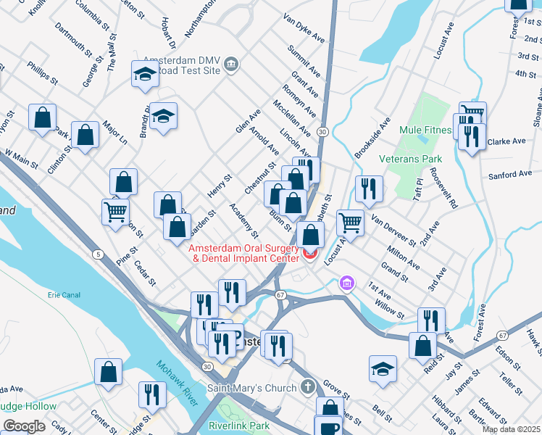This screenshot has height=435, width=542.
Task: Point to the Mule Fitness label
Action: pyautogui.click(x=426, y=131)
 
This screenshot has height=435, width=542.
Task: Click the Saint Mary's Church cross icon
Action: pyautogui.click(x=309, y=386)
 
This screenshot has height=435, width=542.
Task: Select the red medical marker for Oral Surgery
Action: pyautogui.click(x=310, y=253)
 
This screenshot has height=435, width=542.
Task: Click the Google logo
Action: pyautogui.click(x=24, y=426)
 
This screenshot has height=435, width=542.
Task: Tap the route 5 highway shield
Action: pyautogui.click(x=97, y=254)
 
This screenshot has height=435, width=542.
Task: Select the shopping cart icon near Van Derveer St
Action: pyautogui.click(x=350, y=221)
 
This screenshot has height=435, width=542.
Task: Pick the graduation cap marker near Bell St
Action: pyautogui.click(x=383, y=368)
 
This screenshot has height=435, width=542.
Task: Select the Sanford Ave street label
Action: pyautogui.click(x=511, y=175)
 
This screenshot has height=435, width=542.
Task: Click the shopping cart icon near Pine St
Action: pyautogui.click(x=115, y=212)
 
